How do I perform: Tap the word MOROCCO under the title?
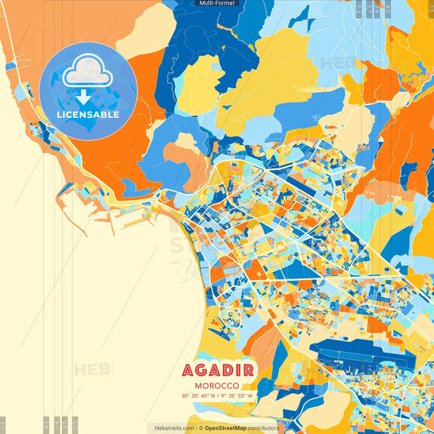[x=217, y=385]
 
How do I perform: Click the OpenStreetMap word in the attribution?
[x=226, y=427]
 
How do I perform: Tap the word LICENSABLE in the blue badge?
[x=88, y=115]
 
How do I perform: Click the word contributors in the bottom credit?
[x=263, y=427]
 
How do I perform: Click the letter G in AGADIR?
[x=200, y=370]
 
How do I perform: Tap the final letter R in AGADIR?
[x=248, y=370]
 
